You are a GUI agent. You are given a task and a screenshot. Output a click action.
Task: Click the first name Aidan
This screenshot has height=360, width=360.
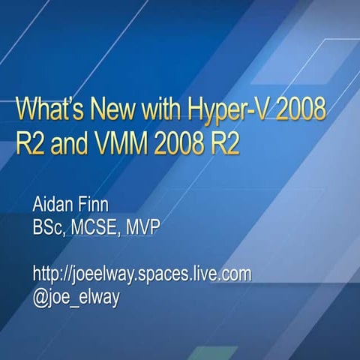57,205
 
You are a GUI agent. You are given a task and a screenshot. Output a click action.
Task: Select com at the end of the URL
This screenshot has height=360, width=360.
235,275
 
